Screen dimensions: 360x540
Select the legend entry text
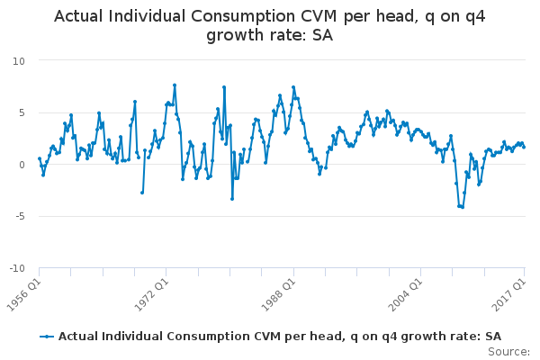coord(279,337)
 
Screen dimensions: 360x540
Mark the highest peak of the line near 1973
coord(175,85)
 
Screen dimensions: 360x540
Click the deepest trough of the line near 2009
coord(462,207)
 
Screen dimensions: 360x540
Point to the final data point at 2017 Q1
coord(524,147)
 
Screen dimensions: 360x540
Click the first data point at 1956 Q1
coord(39,158)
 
